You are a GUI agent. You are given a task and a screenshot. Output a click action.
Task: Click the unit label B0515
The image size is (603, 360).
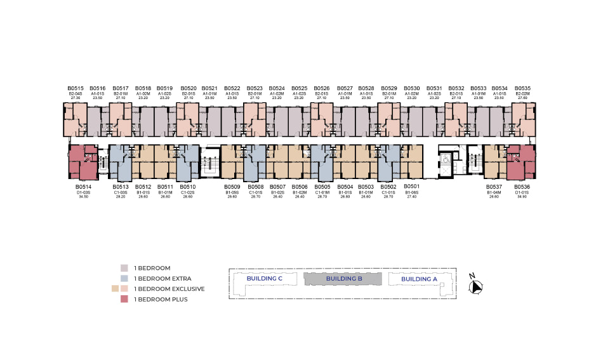(x=76, y=88)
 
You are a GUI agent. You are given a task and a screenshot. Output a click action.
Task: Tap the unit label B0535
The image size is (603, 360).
(x=522, y=88)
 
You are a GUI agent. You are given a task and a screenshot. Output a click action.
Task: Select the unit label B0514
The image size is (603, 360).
(x=83, y=187)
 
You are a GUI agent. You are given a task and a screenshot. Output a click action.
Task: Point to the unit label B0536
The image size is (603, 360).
(x=522, y=187)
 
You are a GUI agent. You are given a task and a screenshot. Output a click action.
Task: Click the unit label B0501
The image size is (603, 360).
(x=411, y=187)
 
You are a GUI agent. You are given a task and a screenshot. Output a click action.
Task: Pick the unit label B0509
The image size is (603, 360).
(x=232, y=187)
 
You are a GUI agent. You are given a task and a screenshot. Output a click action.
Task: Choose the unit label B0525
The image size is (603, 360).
(x=300, y=88)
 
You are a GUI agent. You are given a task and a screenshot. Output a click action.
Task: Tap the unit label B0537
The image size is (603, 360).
(x=494, y=187)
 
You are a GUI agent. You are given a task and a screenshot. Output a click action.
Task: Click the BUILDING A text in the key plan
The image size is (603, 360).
(x=419, y=279)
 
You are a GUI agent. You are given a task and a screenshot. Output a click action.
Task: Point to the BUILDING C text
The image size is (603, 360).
(x=264, y=279)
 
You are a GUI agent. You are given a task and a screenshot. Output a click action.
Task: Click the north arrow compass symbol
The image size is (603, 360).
(x=475, y=286)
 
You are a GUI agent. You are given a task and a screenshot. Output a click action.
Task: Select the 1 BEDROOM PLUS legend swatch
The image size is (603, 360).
(x=124, y=299)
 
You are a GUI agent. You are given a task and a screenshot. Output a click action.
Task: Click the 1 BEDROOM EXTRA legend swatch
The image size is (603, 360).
(x=124, y=278)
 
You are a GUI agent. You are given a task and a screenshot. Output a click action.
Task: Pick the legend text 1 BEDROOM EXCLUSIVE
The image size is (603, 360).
(x=169, y=289)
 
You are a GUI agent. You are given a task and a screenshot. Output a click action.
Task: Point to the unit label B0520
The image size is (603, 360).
(x=189, y=88)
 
